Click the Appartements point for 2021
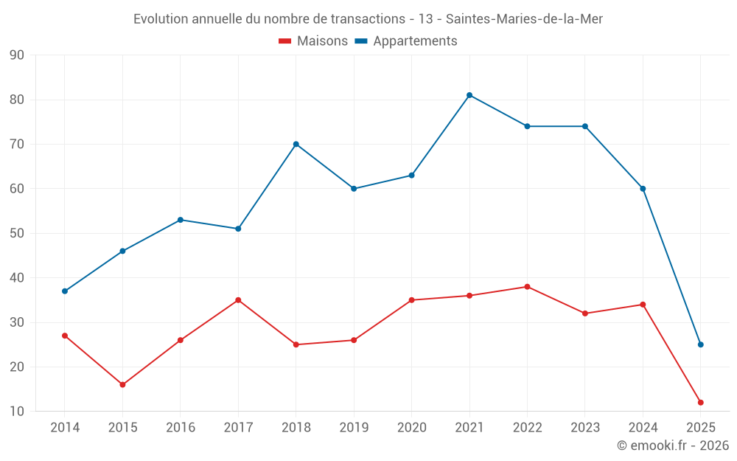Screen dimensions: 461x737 coord(469,95)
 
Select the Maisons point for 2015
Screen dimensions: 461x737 coord(122,384)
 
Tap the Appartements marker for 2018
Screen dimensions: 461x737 coord(296,144)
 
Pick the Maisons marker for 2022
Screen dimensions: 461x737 coord(527,287)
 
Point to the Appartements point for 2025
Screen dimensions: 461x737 coord(700,344)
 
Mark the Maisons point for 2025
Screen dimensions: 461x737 coord(700,402)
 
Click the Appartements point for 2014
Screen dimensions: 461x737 coord(65,291)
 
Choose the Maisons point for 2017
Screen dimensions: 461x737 coord(238,300)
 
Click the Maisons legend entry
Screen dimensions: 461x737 coord(313,41)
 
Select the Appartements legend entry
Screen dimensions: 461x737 coord(406,41)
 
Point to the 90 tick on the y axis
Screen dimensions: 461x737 coord(17,55)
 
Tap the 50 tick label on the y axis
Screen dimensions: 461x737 coord(17,234)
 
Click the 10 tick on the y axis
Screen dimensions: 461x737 coord(17,412)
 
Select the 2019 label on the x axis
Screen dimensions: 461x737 coord(354,427)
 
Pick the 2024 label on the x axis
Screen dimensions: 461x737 coord(643,427)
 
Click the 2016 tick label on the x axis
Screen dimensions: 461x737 coord(181,427)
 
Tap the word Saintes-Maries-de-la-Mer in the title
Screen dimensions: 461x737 coord(525,19)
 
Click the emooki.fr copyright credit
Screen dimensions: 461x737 coord(672,446)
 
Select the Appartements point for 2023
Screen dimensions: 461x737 coord(585,126)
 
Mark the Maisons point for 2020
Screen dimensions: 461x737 coord(411,300)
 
